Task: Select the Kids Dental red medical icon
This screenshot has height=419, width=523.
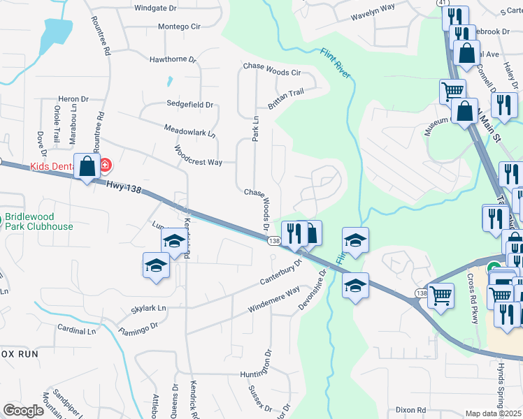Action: pos(105,166)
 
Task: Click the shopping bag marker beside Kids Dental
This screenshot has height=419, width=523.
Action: pos(87,167)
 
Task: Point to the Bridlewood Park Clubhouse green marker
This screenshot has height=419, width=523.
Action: pos(3,221)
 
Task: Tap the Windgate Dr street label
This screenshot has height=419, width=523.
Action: pos(155,8)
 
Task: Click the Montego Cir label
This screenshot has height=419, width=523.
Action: pos(179,27)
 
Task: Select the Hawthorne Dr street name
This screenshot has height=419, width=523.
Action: pos(172,60)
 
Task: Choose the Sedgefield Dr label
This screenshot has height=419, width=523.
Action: pos(189,104)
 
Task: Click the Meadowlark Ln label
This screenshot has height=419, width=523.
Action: pos(189,130)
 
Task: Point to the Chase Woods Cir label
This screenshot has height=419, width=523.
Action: pos(271,71)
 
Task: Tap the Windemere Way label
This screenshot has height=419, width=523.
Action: pos(273,300)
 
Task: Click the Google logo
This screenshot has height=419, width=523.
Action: pos(24,410)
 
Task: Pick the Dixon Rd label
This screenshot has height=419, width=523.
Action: pos(410,410)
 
